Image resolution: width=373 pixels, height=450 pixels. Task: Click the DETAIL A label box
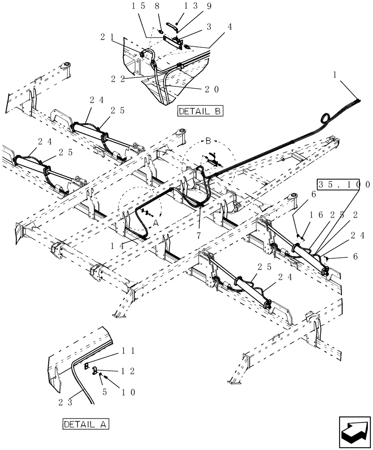tap(86, 424)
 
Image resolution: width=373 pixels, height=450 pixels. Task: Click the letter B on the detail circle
tap(208, 141)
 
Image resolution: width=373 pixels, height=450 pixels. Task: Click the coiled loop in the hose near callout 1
tap(325, 119)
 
